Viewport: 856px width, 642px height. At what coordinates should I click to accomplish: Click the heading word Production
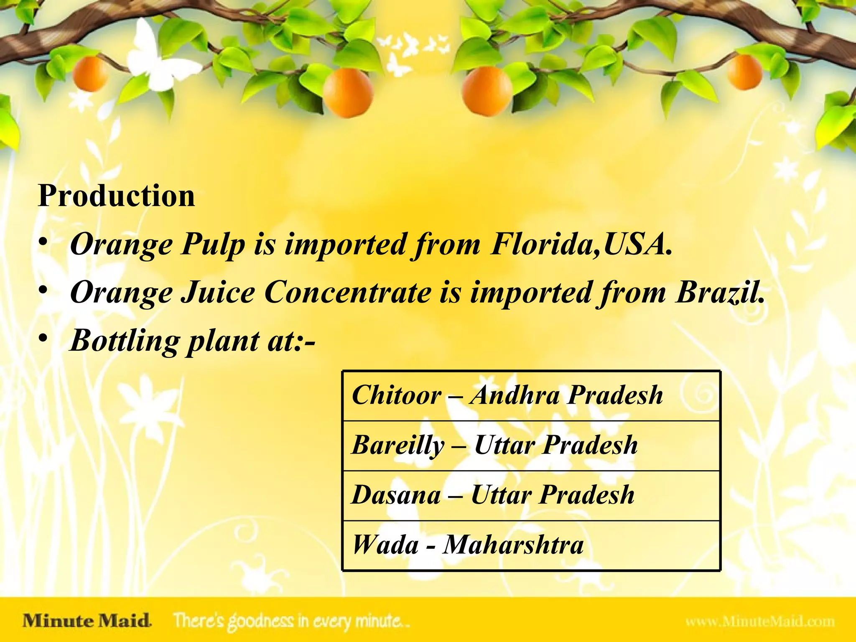click(116, 196)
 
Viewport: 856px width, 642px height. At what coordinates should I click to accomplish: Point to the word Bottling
click(125, 341)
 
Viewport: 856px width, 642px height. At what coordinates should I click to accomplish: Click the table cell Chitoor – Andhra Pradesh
click(531, 395)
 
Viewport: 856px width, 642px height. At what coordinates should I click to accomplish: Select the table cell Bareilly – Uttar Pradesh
click(531, 446)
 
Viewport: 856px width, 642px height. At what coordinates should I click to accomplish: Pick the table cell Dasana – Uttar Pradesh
click(531, 496)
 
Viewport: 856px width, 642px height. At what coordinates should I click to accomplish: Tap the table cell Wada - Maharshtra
click(531, 545)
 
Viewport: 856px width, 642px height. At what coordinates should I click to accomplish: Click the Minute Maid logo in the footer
click(87, 621)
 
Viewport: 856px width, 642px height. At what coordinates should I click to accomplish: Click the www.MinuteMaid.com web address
click(759, 622)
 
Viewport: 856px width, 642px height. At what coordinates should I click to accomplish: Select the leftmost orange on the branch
click(90, 74)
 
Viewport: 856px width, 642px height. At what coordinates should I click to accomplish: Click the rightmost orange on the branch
click(744, 72)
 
